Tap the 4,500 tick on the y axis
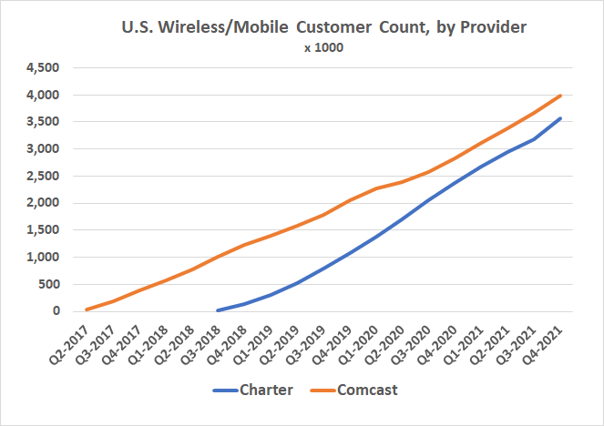[x=43, y=67]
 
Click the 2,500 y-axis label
[x=43, y=176]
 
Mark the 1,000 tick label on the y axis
[x=43, y=257]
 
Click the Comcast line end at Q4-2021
[x=560, y=96]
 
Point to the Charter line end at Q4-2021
[x=560, y=118]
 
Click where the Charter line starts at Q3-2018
[x=218, y=310]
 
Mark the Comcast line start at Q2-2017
[x=87, y=309]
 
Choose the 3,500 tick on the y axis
[x=43, y=121]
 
